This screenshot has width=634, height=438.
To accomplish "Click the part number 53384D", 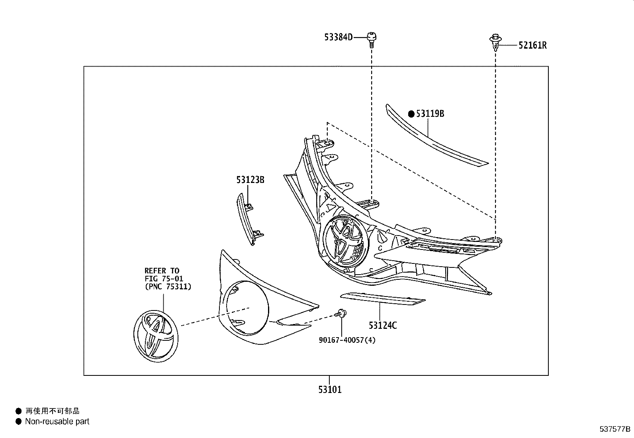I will point(338,37).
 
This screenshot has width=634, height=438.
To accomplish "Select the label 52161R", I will point(532,45).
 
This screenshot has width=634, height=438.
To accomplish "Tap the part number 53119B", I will point(430,114).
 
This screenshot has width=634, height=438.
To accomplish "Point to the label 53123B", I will point(250,180).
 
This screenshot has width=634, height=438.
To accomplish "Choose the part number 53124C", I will point(383,326).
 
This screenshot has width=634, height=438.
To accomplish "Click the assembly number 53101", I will point(330,389).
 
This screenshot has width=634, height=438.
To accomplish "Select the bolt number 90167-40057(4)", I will point(347,340).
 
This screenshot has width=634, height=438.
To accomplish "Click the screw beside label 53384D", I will point(372,39).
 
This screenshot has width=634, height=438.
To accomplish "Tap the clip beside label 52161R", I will point(495,43).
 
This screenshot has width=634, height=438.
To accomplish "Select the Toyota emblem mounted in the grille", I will point(345,240).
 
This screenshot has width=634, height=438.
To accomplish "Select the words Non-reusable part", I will point(57,421).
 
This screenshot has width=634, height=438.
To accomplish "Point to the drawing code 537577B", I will point(615,429).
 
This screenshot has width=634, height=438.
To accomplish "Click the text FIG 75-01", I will point(164,279).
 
